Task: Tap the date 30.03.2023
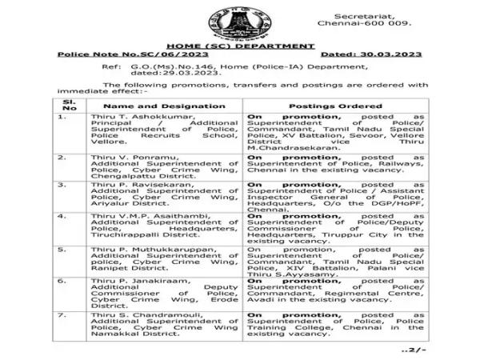pos(398,55)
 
